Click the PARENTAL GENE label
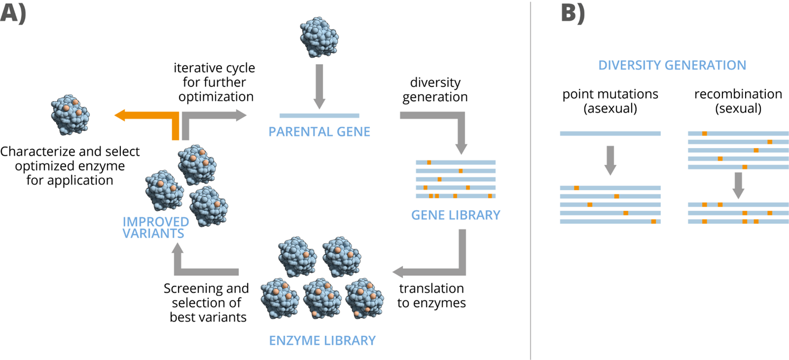click(319, 132)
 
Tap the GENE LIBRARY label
click(455, 215)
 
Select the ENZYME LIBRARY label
click(322, 340)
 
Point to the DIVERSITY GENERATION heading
click(672, 65)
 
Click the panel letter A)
click(13, 12)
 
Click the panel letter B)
click(573, 12)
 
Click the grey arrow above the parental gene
click(319, 85)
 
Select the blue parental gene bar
click(319, 116)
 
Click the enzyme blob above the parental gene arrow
click(319, 37)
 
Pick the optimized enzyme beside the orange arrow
click(70, 115)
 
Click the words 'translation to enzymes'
click(432, 295)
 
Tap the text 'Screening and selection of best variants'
click(207, 302)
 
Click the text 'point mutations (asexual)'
click(610, 101)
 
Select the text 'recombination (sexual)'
click(738, 101)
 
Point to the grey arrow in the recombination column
click(738, 184)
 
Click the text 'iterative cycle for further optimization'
click(215, 82)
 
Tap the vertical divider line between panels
click(530, 180)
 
